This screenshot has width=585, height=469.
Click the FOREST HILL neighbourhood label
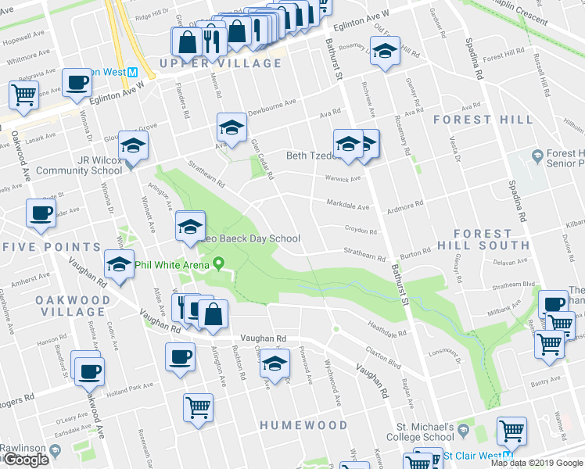tap(483, 120)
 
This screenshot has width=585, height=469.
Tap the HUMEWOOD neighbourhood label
tap(304, 425)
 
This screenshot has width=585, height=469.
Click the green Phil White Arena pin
tap(219, 264)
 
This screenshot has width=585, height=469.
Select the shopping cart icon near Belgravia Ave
tap(24, 95)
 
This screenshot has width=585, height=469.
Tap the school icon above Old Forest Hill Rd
tap(384, 51)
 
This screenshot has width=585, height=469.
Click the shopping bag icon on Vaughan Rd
tap(213, 314)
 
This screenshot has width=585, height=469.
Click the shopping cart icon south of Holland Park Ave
tap(199, 406)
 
